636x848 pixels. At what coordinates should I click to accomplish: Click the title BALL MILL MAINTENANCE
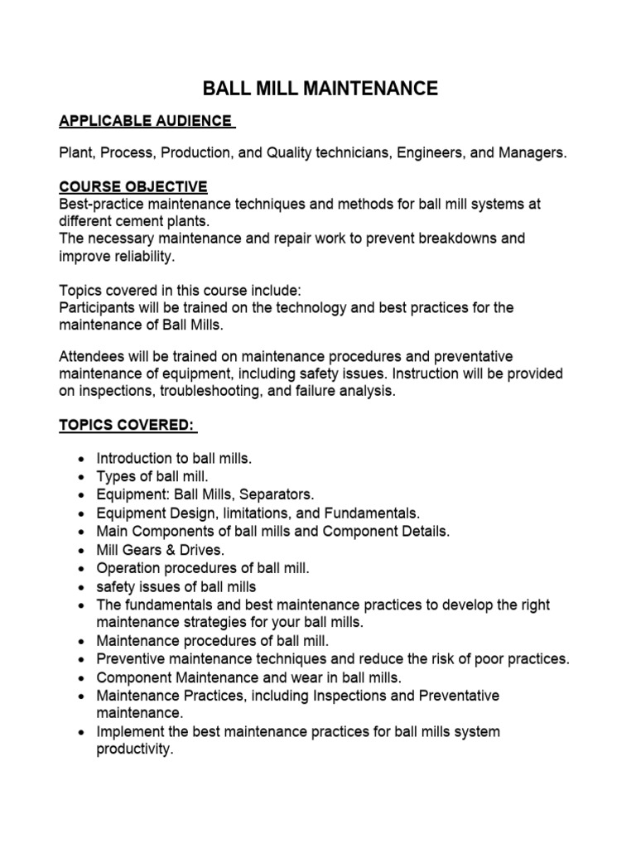coord(320,89)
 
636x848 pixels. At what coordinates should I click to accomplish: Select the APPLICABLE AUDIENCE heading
coord(147,122)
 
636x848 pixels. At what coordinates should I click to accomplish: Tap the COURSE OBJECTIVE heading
coord(132,186)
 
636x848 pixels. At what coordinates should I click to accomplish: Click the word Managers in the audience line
coord(535,154)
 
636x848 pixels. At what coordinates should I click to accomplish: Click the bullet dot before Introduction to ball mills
coord(79,459)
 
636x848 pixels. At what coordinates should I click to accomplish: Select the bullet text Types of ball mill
coord(153,476)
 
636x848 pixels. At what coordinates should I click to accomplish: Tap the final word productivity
coord(133,749)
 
